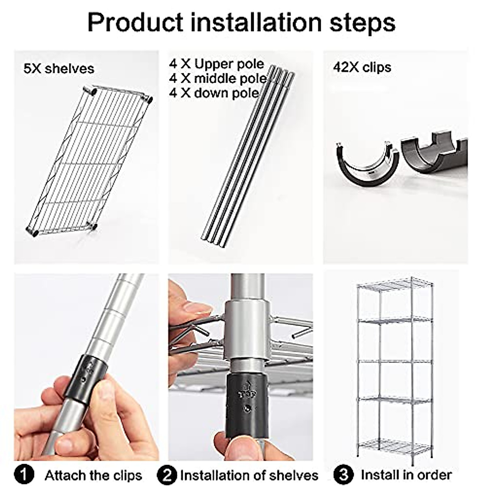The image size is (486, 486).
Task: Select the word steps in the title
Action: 362,23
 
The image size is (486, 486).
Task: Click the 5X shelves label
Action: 59,68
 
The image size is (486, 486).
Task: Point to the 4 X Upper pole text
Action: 217,64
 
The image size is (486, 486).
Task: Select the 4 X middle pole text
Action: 218,78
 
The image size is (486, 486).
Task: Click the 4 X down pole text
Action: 214,93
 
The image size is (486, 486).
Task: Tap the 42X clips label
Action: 362,67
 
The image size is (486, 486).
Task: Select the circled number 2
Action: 167,474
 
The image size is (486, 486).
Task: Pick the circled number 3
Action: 343,474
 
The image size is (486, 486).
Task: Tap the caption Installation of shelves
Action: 249,475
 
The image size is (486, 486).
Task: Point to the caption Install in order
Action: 406,474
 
